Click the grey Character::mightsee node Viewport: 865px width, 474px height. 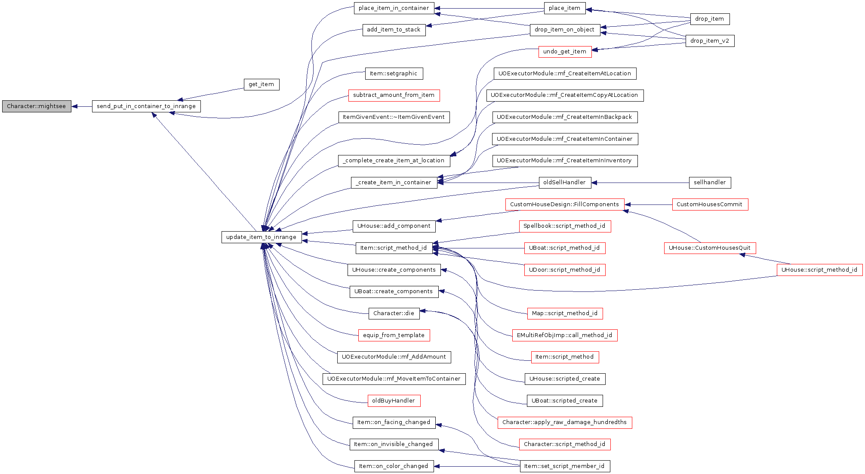click(x=37, y=106)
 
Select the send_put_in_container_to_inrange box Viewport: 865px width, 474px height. click(x=146, y=106)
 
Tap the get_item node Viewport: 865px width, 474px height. click(x=262, y=84)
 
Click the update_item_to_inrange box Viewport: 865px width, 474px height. click(x=262, y=237)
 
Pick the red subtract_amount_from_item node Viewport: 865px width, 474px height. click(x=394, y=96)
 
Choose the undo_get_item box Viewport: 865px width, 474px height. click(x=565, y=52)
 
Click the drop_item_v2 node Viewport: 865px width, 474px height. click(x=710, y=41)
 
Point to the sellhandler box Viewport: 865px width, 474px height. click(x=710, y=183)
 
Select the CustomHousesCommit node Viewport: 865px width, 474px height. click(x=710, y=204)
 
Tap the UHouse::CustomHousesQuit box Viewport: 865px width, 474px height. click(x=710, y=248)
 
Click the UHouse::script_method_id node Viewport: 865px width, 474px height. click(x=819, y=270)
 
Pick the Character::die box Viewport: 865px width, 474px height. click(x=394, y=313)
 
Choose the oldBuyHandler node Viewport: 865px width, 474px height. click(x=394, y=401)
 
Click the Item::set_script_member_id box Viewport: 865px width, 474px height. click(x=565, y=466)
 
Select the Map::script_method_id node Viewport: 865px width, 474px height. click(x=565, y=313)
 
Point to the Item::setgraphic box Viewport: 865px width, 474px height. click(x=394, y=74)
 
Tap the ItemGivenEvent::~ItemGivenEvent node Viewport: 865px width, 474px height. click(x=394, y=117)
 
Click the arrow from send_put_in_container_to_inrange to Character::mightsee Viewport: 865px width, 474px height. click(x=82, y=106)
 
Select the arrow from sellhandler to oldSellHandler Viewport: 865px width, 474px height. click(x=640, y=183)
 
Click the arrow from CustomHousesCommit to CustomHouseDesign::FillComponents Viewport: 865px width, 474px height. click(x=648, y=205)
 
